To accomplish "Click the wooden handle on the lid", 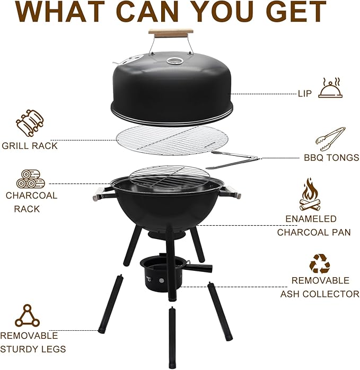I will pos(171,33).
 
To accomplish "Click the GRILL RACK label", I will pos(30,146).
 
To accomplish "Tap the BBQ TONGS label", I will pos(331,157).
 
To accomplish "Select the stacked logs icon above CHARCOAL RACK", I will pos(30,179).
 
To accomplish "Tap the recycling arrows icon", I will pos(320,263).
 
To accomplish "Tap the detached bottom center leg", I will pos(172,337).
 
